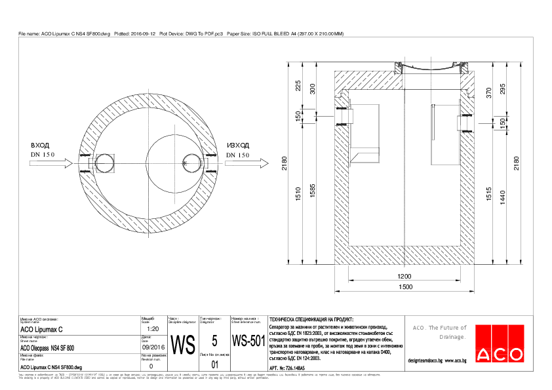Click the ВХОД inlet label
40,146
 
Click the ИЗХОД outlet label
237,146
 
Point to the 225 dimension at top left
298,86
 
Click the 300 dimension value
313,88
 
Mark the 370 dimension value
488,93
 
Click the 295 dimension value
503,88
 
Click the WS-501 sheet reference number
248,341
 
